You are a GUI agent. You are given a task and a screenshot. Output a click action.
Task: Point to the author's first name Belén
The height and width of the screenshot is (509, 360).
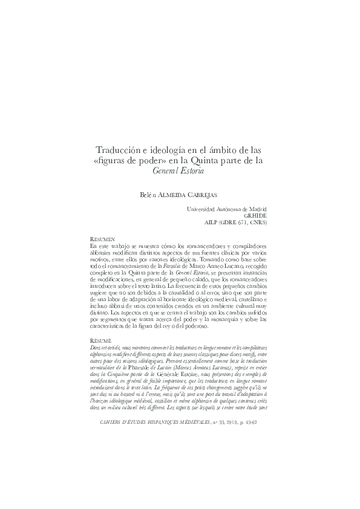click(x=148, y=193)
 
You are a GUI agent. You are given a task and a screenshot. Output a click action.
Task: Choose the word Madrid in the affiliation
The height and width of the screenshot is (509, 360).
click(x=257, y=209)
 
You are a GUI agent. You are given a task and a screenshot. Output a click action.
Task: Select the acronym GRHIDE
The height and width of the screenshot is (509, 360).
click(x=255, y=215)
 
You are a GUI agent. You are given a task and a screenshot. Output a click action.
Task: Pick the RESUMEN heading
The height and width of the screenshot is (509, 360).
click(x=102, y=239)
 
